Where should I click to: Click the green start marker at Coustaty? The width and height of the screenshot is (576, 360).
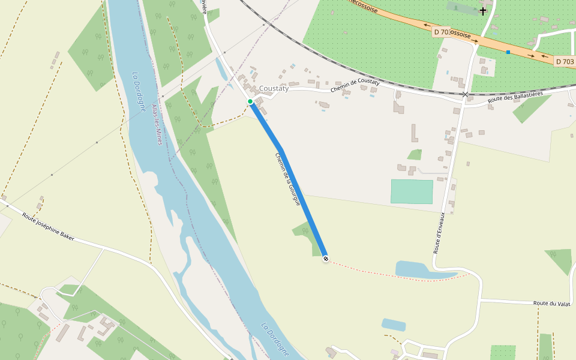point(250,101)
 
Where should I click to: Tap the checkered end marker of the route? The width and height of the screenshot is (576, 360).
point(326,259)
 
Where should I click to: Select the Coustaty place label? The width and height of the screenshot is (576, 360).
point(274,88)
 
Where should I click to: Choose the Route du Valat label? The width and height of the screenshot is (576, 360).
point(551,304)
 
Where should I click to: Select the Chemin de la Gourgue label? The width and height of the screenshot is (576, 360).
point(287,179)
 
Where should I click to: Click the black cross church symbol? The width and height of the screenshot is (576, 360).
point(483,11)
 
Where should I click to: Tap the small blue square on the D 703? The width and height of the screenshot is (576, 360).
point(508,52)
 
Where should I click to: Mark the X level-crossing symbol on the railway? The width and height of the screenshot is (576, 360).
point(465,95)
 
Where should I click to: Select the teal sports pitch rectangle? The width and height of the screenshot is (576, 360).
point(412,191)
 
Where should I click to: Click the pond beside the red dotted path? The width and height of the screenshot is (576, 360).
point(420,271)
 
